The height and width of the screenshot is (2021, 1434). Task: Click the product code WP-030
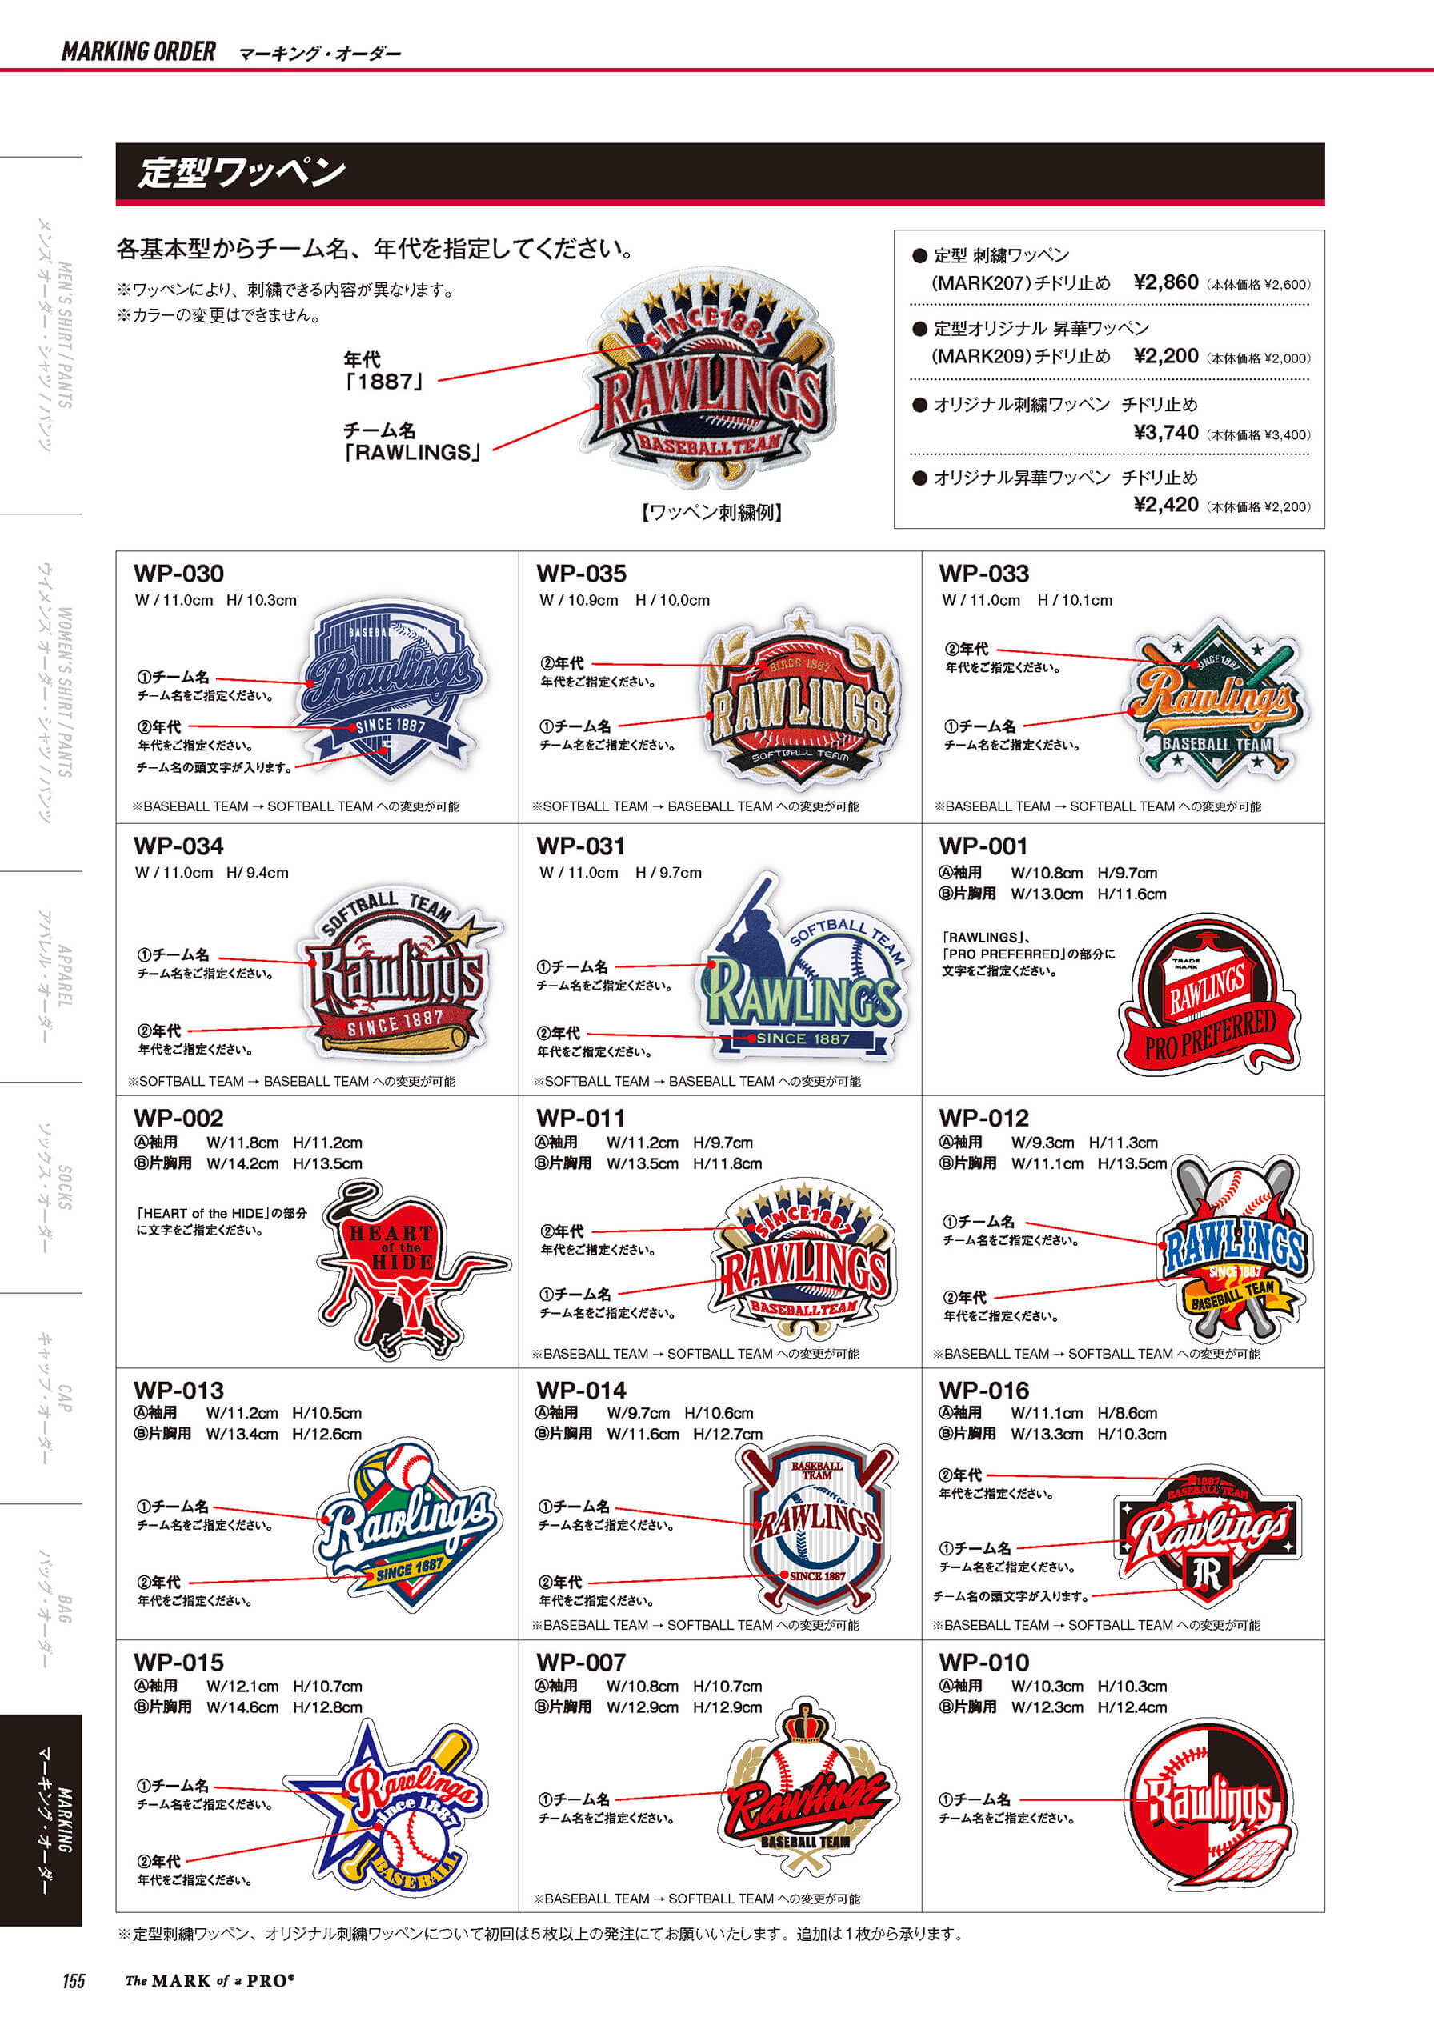click(x=178, y=574)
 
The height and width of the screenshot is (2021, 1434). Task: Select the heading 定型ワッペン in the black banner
click(x=241, y=172)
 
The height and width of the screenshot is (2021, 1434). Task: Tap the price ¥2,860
click(x=1166, y=282)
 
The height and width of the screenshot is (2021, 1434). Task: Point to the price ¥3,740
click(x=1166, y=433)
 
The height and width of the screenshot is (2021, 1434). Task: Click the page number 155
click(x=74, y=1980)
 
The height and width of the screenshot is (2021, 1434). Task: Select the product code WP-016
click(x=983, y=1391)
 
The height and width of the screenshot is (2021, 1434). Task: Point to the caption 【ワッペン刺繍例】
click(x=711, y=512)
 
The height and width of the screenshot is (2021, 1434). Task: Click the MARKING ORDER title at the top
click(x=138, y=51)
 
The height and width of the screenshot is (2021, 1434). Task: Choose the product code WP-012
click(x=983, y=1118)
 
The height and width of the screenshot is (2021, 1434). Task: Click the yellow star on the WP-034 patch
click(x=475, y=930)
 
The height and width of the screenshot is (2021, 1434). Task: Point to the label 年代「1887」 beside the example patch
click(x=383, y=370)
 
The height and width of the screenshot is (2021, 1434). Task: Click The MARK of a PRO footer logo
click(x=210, y=1980)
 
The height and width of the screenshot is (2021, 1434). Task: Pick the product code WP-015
click(x=178, y=1663)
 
